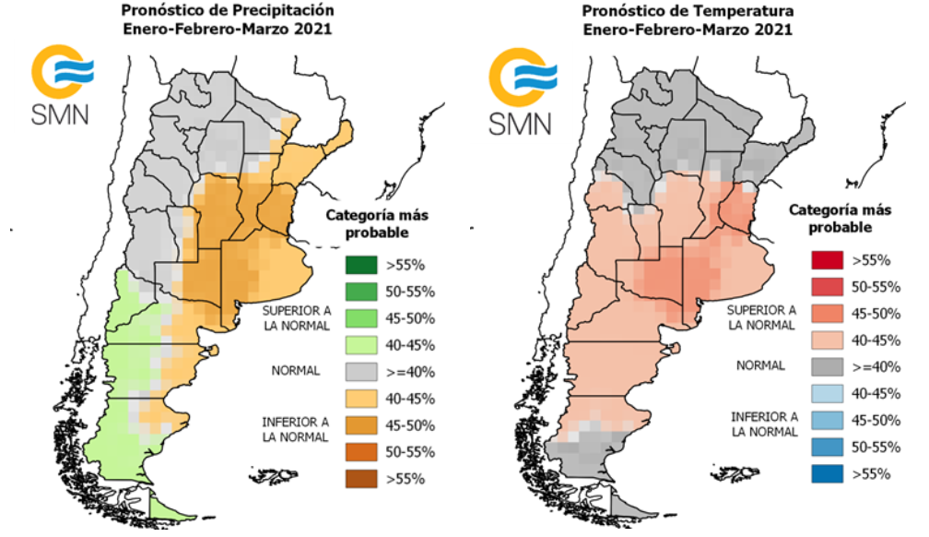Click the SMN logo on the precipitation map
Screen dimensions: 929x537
(62, 84)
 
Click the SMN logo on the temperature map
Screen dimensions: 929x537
(522, 90)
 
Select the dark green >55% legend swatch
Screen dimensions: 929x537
(361, 265)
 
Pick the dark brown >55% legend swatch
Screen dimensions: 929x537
(361, 479)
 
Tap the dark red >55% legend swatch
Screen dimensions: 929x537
(827, 260)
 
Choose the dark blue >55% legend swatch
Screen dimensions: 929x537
(827, 473)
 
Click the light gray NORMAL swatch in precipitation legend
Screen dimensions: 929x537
(361, 372)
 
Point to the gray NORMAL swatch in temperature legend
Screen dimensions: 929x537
(827, 366)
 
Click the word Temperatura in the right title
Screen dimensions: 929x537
(747, 11)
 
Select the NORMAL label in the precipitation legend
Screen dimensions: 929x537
(296, 371)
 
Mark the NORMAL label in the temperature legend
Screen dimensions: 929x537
(760, 365)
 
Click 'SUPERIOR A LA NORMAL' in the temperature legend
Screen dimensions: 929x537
(761, 317)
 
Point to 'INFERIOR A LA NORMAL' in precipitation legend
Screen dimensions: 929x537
(296, 430)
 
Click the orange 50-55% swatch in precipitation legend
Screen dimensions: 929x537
(361, 452)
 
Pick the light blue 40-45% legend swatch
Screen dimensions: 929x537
(827, 393)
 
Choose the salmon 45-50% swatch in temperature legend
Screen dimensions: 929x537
(827, 314)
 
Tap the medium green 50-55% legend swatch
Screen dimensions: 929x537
(361, 292)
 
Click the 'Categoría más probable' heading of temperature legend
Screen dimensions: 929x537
(841, 219)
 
